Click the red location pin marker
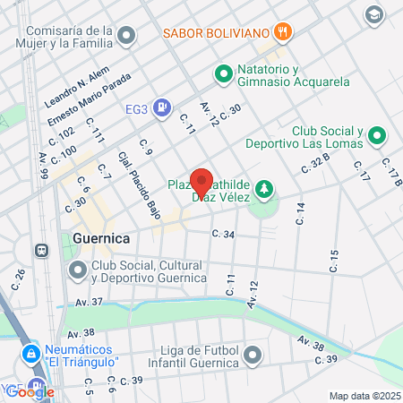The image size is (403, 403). [x=201, y=183]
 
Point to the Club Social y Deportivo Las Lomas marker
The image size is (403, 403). [x=377, y=136]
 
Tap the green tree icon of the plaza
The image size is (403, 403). [x=263, y=188]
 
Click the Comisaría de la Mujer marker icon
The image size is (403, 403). [x=127, y=36]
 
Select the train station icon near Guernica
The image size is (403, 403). [x=41, y=251]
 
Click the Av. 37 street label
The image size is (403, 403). [x=90, y=302]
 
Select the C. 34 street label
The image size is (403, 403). [x=222, y=235]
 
